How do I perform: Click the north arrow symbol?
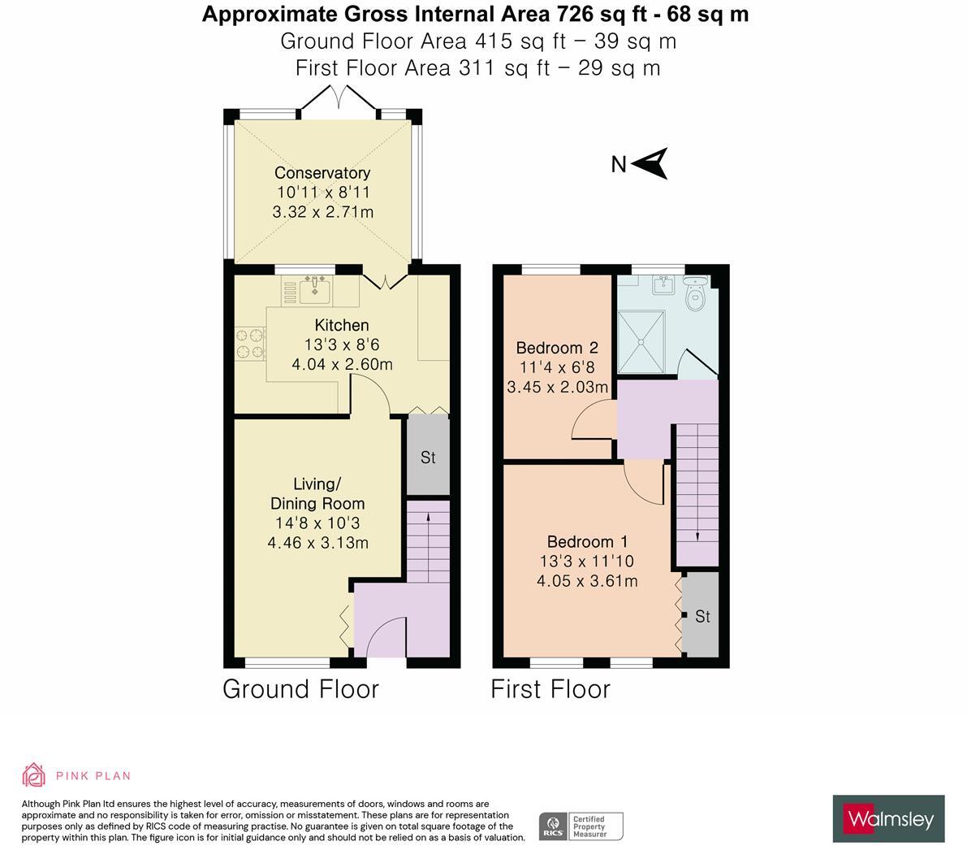click(x=650, y=163)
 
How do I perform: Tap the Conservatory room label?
click(x=322, y=173)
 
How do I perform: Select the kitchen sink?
click(x=314, y=290)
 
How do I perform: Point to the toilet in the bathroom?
click(x=695, y=293)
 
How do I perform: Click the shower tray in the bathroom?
click(x=641, y=342)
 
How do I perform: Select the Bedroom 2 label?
click(x=558, y=348)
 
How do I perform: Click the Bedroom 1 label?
click(x=588, y=542)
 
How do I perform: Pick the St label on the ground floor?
click(x=428, y=458)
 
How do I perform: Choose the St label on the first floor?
click(x=702, y=617)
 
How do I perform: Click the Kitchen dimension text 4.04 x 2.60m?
click(x=343, y=364)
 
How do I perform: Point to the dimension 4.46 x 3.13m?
click(x=318, y=543)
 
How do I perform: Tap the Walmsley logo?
click(x=889, y=819)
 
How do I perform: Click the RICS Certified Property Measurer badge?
click(x=581, y=826)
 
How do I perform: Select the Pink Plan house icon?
click(x=34, y=775)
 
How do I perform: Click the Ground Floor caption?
click(x=301, y=689)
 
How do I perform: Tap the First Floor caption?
click(x=550, y=689)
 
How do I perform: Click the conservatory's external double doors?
click(x=337, y=98)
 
